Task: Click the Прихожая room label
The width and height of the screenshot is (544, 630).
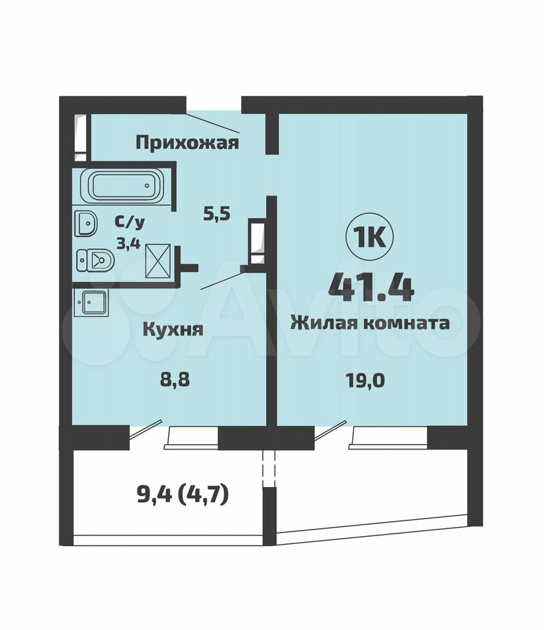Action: tap(187, 142)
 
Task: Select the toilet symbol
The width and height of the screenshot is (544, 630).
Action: tap(95, 261)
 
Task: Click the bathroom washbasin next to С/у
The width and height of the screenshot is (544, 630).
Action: tap(85, 223)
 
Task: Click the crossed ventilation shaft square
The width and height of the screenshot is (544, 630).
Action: tap(158, 261)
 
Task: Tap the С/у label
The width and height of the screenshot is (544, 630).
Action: tap(129, 222)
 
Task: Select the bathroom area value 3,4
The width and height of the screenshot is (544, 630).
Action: tap(128, 243)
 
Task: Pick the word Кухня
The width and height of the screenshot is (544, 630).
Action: tap(173, 329)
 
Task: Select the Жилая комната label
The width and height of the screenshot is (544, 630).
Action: tap(370, 323)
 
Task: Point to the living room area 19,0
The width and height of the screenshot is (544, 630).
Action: tap(365, 380)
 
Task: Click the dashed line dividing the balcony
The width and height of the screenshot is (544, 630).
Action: tap(269, 468)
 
